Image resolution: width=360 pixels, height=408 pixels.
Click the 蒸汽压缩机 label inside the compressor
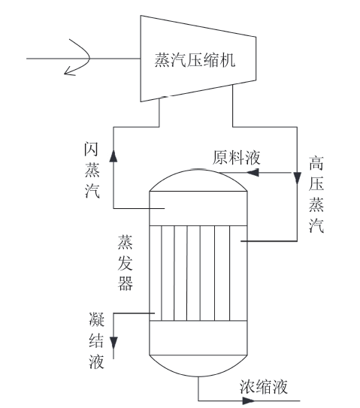click(195, 60)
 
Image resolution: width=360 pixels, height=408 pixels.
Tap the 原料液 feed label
click(236, 158)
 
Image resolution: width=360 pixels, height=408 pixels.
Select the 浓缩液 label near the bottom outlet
click(264, 387)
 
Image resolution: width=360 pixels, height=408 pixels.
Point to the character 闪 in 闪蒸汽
click(92, 149)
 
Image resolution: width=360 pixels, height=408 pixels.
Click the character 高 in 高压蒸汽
click(316, 163)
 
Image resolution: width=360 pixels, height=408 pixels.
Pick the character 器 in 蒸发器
click(126, 283)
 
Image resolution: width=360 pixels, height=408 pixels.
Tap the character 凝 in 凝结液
click(96, 319)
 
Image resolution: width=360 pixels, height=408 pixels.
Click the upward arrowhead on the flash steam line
click(113, 156)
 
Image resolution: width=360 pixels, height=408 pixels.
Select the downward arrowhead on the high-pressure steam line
click(298, 178)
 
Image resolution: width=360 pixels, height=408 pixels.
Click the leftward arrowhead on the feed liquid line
click(253, 172)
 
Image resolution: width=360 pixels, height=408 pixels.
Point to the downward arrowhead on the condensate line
click(113, 343)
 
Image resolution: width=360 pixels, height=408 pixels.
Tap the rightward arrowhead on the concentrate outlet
click(249, 400)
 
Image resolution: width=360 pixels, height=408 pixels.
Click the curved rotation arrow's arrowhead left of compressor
click(69, 71)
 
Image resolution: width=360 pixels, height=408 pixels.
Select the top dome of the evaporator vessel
click(198, 170)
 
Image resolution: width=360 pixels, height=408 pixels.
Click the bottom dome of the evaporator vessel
click(198, 376)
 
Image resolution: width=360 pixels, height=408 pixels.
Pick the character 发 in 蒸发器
click(126, 262)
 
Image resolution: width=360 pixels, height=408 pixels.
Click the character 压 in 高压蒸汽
click(316, 183)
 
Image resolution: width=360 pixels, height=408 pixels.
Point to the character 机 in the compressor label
click(228, 60)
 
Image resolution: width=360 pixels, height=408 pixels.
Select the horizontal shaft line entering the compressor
click(83, 59)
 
